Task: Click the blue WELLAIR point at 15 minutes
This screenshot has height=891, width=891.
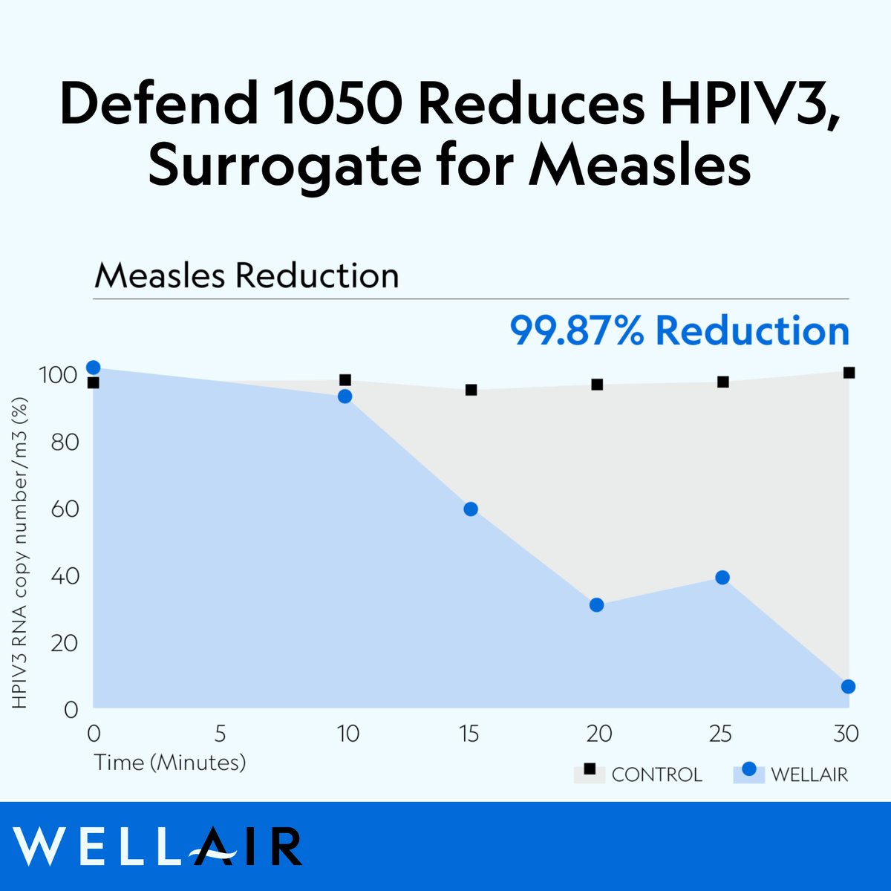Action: (471, 509)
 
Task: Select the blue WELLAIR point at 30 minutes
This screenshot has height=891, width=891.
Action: (848, 687)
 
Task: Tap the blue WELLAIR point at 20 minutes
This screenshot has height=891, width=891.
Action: (596, 605)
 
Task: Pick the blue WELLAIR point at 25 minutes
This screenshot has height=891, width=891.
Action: (722, 578)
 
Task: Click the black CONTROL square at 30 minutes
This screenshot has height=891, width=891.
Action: (849, 373)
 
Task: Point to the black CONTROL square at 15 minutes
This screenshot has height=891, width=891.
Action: (471, 390)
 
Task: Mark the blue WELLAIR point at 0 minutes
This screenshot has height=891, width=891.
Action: (93, 368)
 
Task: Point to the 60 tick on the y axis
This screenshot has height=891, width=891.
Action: (65, 509)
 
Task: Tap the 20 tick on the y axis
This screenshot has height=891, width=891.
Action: (65, 643)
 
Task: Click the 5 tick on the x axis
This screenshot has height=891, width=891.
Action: (220, 734)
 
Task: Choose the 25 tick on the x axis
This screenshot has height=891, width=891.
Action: (720, 734)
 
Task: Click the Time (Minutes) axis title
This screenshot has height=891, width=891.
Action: (169, 763)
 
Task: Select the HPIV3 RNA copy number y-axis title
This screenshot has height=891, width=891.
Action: (20, 553)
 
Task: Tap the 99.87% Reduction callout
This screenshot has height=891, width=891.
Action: (679, 331)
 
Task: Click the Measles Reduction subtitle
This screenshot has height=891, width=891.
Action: (247, 275)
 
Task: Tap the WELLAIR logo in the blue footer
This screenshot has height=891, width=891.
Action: (157, 846)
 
